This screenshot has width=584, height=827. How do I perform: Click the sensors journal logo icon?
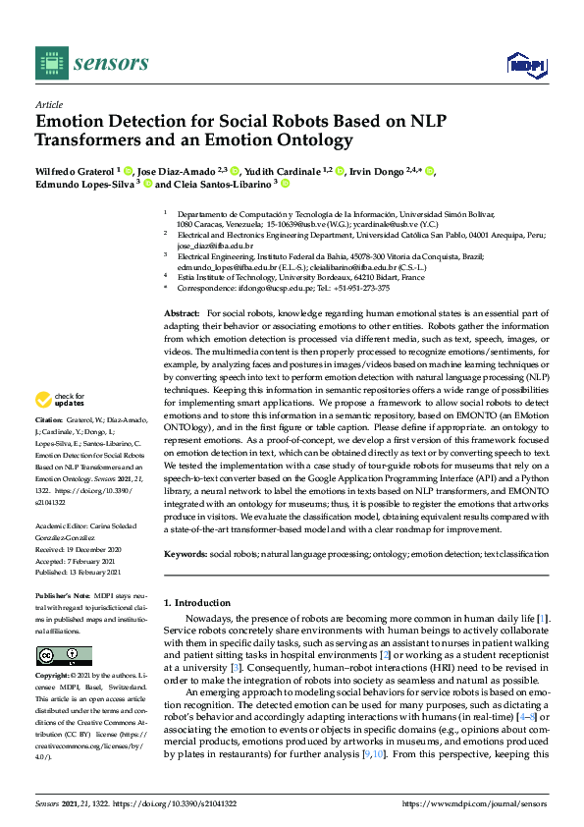(x=48, y=63)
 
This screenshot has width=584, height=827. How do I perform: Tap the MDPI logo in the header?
(x=525, y=64)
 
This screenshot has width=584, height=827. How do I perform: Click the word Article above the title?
(x=48, y=104)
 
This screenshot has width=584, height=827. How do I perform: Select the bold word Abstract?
(x=183, y=311)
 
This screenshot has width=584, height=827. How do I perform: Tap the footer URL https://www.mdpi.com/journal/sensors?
(x=475, y=804)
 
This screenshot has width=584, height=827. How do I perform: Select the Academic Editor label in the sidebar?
(x=63, y=524)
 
